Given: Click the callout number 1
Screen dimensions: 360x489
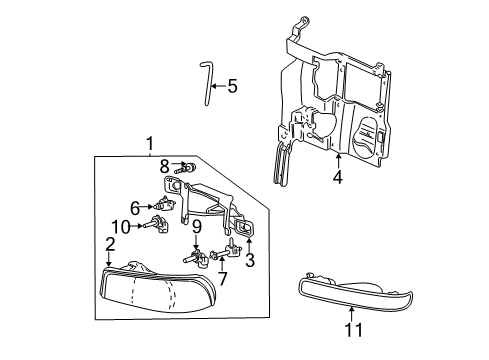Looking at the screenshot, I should [x=150, y=142].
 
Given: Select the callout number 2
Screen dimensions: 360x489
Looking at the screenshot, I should [x=110, y=243].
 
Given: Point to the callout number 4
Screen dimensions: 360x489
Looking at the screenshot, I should [x=338, y=178].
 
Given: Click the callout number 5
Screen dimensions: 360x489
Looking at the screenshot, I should [x=231, y=86].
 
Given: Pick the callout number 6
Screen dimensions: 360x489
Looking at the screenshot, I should [x=134, y=207].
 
